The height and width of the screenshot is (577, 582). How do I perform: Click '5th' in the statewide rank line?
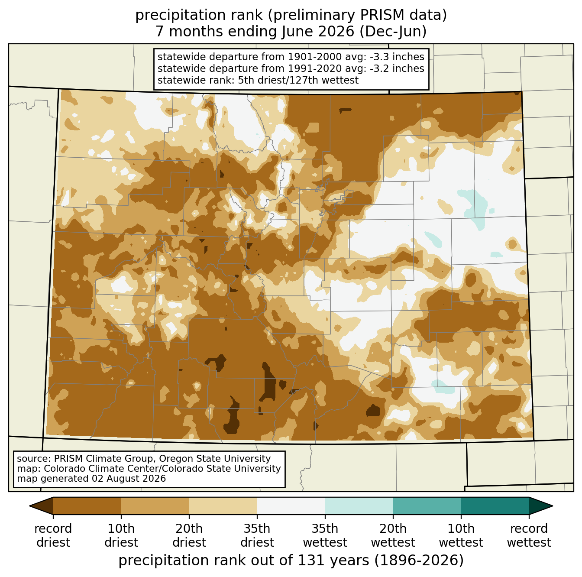245,81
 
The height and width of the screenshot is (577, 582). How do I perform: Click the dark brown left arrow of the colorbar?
42,506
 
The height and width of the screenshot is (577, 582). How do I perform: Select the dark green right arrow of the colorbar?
540,506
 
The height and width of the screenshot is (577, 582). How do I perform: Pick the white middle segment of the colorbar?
291,506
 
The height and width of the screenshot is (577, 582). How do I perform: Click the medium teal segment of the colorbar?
427,506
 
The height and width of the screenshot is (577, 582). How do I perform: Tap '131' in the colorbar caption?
308,560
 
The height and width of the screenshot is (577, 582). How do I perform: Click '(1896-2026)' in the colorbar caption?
419,560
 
